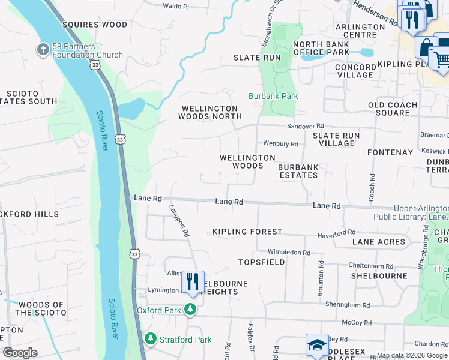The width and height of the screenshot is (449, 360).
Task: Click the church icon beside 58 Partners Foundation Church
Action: point(43,49)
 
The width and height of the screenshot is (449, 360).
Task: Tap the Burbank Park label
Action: point(274,96)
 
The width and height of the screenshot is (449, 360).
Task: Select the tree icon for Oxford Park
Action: point(191,310)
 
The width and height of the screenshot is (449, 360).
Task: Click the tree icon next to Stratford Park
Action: point(150,340)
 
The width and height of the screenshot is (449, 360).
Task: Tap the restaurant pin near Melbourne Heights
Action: point(193,281)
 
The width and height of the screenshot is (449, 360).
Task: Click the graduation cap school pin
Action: point(317,345)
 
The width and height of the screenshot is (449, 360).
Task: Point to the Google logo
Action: point(20,353)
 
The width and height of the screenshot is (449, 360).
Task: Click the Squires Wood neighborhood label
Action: point(95,25)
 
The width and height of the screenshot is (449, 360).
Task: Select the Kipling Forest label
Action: point(247,232)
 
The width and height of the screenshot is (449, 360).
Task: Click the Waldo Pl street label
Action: point(176,6)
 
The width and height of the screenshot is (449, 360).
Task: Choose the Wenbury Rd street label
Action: point(280,144)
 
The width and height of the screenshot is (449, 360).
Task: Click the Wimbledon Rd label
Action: point(289,253)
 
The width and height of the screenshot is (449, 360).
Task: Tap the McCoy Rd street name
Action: point(358,322)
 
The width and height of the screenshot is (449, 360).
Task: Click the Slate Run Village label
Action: point(336,140)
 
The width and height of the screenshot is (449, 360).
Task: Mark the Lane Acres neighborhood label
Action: point(379,242)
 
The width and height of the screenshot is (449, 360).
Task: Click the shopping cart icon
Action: point(442,59)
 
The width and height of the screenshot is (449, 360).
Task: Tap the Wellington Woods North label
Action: point(209,112)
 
